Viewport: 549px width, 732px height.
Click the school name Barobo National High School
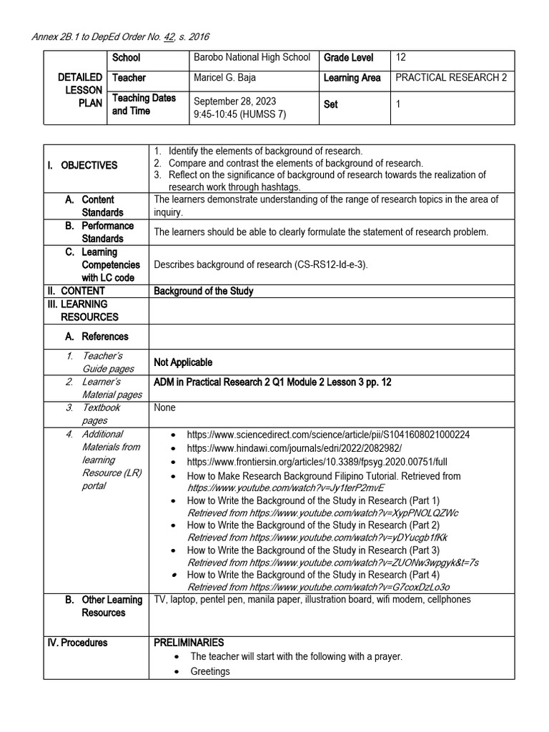click(252, 58)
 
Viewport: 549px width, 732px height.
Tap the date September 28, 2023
click(234, 102)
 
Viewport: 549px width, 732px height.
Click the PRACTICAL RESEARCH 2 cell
click(450, 78)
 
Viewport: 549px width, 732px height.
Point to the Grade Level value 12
click(400, 58)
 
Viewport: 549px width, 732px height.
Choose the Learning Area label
click(352, 78)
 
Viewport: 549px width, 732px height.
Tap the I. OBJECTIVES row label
click(89, 165)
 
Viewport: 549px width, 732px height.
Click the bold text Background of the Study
click(204, 291)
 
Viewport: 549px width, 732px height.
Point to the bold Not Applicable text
click(183, 362)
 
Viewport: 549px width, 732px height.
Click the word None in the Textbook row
click(164, 408)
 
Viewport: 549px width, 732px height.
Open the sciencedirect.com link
click(328, 435)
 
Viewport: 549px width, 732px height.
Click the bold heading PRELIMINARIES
click(189, 643)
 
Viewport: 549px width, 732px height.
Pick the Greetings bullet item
click(210, 671)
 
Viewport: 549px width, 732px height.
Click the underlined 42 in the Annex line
click(169, 37)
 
